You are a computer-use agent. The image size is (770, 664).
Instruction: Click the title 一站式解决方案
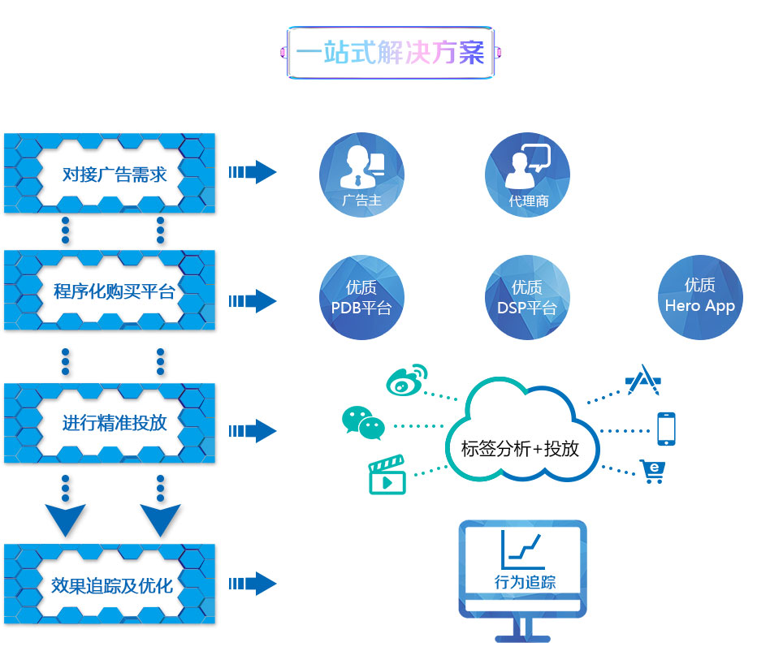pos(390,54)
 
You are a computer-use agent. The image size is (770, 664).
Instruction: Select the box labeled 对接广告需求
pos(110,173)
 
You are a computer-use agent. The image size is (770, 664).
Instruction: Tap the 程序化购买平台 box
pos(110,291)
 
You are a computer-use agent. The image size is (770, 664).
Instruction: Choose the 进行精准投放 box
pos(110,423)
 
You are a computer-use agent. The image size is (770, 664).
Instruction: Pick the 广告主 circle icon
pos(361,175)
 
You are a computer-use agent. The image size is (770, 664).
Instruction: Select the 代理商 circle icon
pos(528,175)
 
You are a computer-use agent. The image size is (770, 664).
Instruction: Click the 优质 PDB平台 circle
pos(361,297)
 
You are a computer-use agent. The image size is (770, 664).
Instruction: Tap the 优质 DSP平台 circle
pos(527,297)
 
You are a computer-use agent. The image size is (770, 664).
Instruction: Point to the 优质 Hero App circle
pos(700,297)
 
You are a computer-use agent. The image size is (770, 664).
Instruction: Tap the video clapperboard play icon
pos(387,476)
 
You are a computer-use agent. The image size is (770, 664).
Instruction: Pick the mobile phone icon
pos(666,429)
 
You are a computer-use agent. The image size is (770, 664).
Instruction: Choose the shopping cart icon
pos(652,472)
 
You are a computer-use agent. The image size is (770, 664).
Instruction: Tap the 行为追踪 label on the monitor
pos(525,582)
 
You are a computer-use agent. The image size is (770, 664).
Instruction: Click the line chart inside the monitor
pos(523,550)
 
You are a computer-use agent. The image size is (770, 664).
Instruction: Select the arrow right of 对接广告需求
pos(253,172)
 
